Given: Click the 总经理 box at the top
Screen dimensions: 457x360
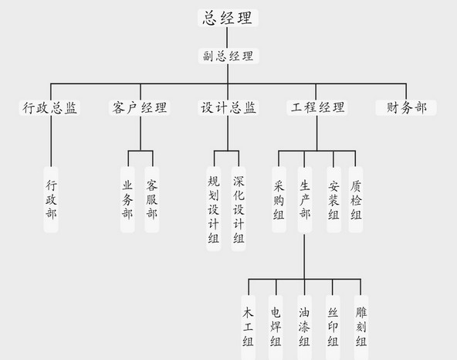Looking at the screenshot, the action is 228,18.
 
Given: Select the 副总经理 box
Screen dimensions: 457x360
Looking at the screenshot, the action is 228,56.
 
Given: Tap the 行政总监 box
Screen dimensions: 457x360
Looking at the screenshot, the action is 49,107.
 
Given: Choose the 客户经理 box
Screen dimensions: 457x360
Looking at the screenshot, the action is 139,107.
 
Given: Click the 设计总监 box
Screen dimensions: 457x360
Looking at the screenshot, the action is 228,107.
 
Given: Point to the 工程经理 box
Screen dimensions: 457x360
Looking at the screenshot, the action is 317,107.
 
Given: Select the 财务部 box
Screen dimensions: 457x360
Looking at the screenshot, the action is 406,107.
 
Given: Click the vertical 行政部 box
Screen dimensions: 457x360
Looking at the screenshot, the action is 51,199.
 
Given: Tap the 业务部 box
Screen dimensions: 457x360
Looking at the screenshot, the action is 127,199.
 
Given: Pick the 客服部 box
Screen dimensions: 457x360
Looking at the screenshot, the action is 152,199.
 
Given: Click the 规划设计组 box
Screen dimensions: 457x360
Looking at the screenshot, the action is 214,209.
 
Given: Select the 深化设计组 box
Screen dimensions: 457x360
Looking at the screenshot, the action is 239,209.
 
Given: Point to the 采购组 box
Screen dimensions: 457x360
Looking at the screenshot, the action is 279,199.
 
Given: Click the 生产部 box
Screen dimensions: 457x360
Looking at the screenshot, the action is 305,199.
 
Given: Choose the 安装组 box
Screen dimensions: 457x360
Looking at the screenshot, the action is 333,199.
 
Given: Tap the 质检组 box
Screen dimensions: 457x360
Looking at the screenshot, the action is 356,199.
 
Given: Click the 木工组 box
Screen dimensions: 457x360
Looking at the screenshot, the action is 249,328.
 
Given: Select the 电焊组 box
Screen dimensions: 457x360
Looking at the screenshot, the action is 276,328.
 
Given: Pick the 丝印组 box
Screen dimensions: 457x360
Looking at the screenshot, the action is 333,328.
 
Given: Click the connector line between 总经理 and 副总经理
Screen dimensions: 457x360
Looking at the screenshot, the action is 227,38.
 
